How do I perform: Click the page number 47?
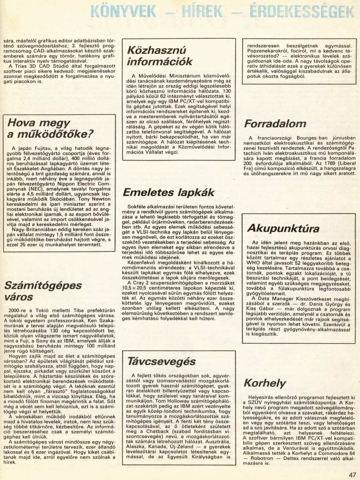coord(352,474)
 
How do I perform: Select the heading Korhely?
coord(264,382)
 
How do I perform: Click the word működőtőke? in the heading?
coord(56,134)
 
